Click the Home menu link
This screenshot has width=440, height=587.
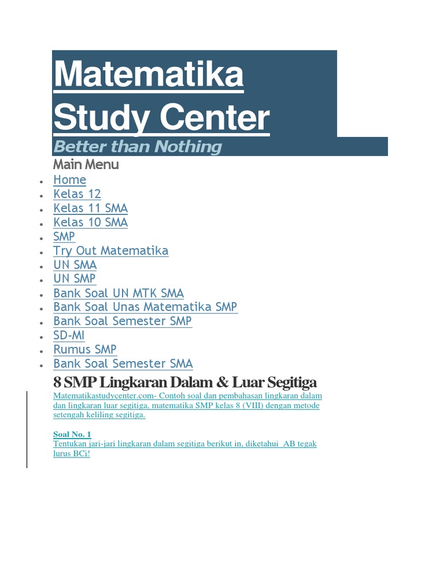point(69,180)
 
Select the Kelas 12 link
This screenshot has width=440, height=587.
point(77,194)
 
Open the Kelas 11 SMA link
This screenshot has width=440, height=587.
point(90,209)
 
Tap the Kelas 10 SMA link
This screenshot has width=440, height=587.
point(90,222)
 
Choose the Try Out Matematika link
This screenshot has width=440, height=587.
point(111,251)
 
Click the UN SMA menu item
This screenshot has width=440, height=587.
point(74,265)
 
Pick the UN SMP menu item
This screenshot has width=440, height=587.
point(74,279)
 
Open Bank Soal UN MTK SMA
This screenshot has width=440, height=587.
point(118,293)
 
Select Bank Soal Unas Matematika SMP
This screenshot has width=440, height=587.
point(145,307)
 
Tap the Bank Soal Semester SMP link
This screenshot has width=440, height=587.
point(122,322)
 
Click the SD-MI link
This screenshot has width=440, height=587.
point(69,335)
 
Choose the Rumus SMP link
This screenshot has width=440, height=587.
point(85,350)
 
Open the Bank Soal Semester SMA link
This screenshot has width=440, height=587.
point(123,364)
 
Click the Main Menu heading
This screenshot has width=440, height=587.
point(86,165)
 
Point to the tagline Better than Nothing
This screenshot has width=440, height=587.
point(137,147)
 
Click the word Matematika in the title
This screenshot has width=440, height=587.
point(148,74)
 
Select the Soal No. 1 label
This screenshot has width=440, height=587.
point(72,435)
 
